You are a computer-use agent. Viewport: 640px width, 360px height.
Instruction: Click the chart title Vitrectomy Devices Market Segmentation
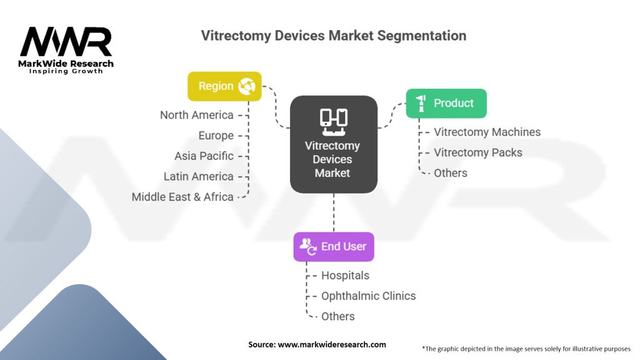(333, 36)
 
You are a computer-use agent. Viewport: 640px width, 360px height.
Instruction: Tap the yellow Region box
(224, 87)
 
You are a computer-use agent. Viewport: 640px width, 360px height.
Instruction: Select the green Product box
(446, 103)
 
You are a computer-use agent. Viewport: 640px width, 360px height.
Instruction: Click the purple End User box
(333, 246)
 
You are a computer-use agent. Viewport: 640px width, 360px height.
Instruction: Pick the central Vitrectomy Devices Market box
(333, 144)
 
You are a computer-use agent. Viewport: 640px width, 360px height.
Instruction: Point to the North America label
(197, 115)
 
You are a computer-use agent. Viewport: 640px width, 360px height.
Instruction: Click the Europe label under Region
(216, 136)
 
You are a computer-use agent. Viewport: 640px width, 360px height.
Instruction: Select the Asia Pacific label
(204, 156)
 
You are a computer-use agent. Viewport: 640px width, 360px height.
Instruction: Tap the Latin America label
(198, 176)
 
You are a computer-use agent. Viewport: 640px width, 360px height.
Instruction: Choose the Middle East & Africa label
(182, 197)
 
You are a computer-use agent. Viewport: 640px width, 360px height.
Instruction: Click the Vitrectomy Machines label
(487, 132)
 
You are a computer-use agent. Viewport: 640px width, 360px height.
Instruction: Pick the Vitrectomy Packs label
(477, 152)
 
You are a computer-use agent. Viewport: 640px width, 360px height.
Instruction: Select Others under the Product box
(450, 172)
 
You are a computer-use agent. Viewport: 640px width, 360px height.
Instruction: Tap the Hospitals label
(345, 276)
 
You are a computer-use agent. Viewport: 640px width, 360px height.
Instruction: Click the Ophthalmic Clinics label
(368, 296)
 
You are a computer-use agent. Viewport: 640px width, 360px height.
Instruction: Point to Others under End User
(337, 316)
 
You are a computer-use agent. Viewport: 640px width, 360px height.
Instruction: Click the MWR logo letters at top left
(66, 42)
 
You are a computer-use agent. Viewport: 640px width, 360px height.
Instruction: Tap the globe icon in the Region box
(246, 87)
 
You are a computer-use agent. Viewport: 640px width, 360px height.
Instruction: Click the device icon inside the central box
(333, 121)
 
